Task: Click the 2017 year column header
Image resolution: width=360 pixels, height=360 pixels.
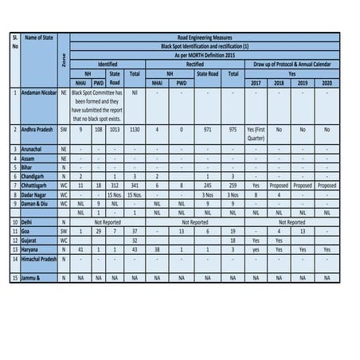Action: pyautogui.click(x=255, y=82)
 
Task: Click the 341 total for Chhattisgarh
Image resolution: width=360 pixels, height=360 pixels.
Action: pyautogui.click(x=135, y=184)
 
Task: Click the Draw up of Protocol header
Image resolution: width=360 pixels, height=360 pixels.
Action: pyautogui.click(x=291, y=63)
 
